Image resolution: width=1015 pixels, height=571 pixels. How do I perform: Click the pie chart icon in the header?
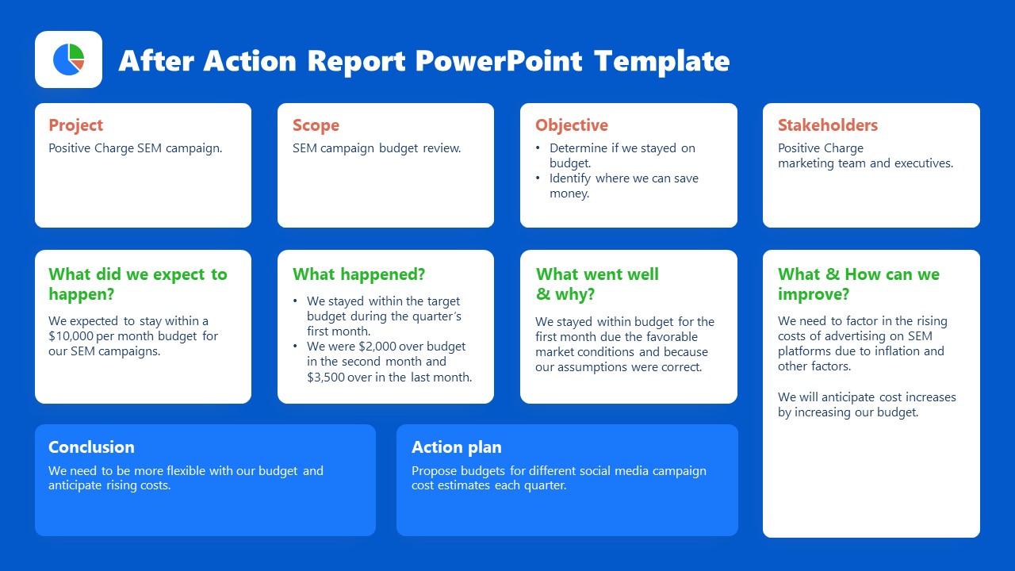pos(68,59)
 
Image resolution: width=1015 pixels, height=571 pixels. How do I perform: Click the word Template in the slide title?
pos(661,61)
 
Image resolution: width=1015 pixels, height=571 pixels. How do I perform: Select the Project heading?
pos(76,125)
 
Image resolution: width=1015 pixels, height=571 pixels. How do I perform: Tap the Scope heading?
pos(316,125)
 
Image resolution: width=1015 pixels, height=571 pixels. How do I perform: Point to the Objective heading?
pos(572,125)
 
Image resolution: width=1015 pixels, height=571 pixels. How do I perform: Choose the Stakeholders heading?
pos(828,125)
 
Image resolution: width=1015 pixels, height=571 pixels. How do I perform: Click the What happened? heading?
pos(358,274)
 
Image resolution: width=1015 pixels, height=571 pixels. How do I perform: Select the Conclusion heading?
pos(91,447)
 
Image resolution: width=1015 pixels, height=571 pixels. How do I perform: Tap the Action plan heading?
pos(457,447)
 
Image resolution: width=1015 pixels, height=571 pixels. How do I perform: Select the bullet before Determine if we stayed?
pos(538,148)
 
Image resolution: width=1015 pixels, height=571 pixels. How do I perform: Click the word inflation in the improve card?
pos(891,351)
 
